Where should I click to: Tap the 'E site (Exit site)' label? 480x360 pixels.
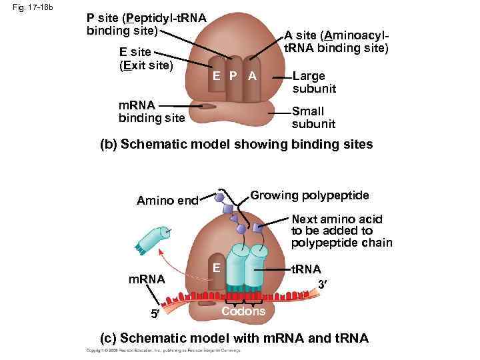(145, 59)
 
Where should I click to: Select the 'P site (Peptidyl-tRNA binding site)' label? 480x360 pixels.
(147, 23)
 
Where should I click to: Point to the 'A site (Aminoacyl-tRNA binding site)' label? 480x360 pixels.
(336, 41)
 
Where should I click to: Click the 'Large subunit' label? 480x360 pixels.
(314, 83)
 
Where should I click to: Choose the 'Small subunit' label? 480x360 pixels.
(313, 118)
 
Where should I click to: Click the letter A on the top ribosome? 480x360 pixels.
(252, 76)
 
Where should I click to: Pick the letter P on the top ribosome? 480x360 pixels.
(233, 76)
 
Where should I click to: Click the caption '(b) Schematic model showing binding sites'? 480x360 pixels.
(236, 144)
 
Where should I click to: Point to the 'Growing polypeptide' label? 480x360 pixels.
(309, 195)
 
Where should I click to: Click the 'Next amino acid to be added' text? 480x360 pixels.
(341, 230)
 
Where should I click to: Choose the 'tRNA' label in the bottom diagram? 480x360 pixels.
(307, 269)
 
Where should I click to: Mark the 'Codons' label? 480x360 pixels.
(243, 311)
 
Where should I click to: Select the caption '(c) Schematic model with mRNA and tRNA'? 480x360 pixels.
(233, 339)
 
